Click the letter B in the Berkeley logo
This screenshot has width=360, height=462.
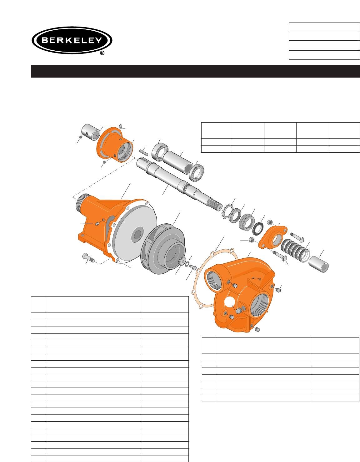(45, 40)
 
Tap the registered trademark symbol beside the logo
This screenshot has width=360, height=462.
(102, 53)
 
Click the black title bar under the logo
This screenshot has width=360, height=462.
(195, 71)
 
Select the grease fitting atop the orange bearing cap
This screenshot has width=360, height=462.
(121, 126)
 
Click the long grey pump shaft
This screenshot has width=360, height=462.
(179, 184)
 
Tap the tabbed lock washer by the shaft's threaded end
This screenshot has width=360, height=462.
(227, 212)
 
